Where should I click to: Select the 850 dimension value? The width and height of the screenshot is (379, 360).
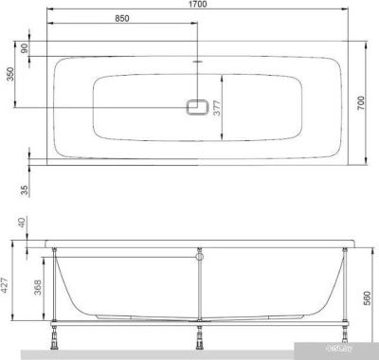click(122, 18)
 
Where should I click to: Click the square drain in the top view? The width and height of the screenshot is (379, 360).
click(197, 109)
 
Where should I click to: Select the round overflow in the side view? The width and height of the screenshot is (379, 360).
click(199, 255)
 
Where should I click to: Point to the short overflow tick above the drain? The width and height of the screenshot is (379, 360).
click(197, 64)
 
